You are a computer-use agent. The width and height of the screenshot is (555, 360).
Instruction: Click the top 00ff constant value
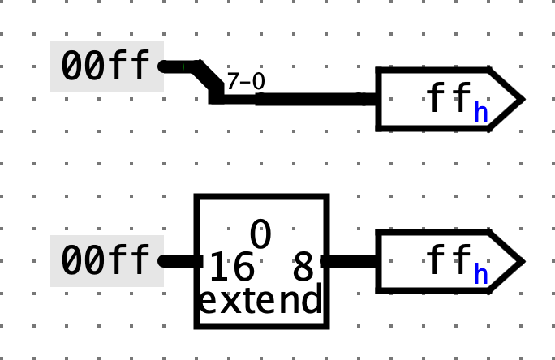[106, 66]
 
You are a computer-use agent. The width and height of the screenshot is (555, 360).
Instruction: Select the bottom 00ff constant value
[106, 261]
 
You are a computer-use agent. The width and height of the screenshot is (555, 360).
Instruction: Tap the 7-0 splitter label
[245, 81]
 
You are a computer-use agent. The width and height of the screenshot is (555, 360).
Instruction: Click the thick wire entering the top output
[316, 99]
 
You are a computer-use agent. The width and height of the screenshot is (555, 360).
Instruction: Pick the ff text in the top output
[448, 99]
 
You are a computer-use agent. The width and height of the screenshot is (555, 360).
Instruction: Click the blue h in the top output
[481, 112]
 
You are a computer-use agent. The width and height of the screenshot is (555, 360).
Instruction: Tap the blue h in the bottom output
[481, 274]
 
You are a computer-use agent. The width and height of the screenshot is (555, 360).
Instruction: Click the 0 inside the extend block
[260, 235]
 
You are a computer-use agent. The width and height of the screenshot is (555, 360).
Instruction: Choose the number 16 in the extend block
[231, 265]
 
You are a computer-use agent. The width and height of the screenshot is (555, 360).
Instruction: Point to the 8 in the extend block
[303, 265]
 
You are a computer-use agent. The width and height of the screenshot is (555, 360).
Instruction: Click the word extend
[260, 301]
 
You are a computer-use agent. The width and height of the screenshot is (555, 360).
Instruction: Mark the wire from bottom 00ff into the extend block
[180, 261]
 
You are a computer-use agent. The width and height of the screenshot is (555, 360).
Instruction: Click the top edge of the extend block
[261, 196]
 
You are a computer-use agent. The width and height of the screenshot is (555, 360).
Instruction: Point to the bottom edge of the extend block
[261, 326]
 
